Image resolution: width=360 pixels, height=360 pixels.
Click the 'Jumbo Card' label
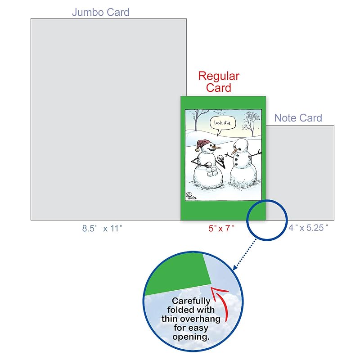pyautogui.click(x=100, y=12)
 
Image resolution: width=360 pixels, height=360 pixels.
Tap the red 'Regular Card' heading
pyautogui.click(x=219, y=82)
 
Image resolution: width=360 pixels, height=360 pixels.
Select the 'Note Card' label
pyautogui.click(x=298, y=118)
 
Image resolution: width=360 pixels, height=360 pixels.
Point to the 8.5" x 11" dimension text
pyautogui.click(x=102, y=228)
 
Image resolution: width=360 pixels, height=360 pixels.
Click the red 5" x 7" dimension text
pyautogui.click(x=221, y=228)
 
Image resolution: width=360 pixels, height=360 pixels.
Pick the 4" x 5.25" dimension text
pyautogui.click(x=308, y=228)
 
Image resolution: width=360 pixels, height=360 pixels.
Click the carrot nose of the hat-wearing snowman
pyautogui.click(x=217, y=147)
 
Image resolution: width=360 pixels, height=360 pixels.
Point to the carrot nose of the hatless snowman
pyautogui.click(x=234, y=151)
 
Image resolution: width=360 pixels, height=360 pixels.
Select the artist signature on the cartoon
pyautogui.click(x=191, y=196)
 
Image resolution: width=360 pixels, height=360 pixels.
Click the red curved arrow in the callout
pyautogui.click(x=220, y=301)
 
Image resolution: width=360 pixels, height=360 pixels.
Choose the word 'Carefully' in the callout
pyautogui.click(x=191, y=301)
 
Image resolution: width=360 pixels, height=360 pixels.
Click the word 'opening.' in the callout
pyautogui.click(x=191, y=337)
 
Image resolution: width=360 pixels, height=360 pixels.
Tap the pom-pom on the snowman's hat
pyautogui.click(x=197, y=150)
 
